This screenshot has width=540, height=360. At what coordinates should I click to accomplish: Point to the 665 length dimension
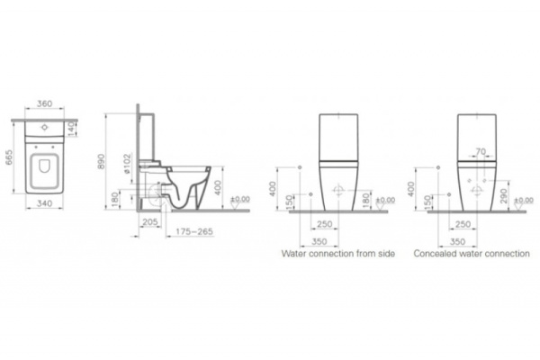[9, 160]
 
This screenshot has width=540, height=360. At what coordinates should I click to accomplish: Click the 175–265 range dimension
[193, 231]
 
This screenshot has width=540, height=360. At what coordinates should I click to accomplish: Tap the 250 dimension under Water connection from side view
[326, 222]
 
